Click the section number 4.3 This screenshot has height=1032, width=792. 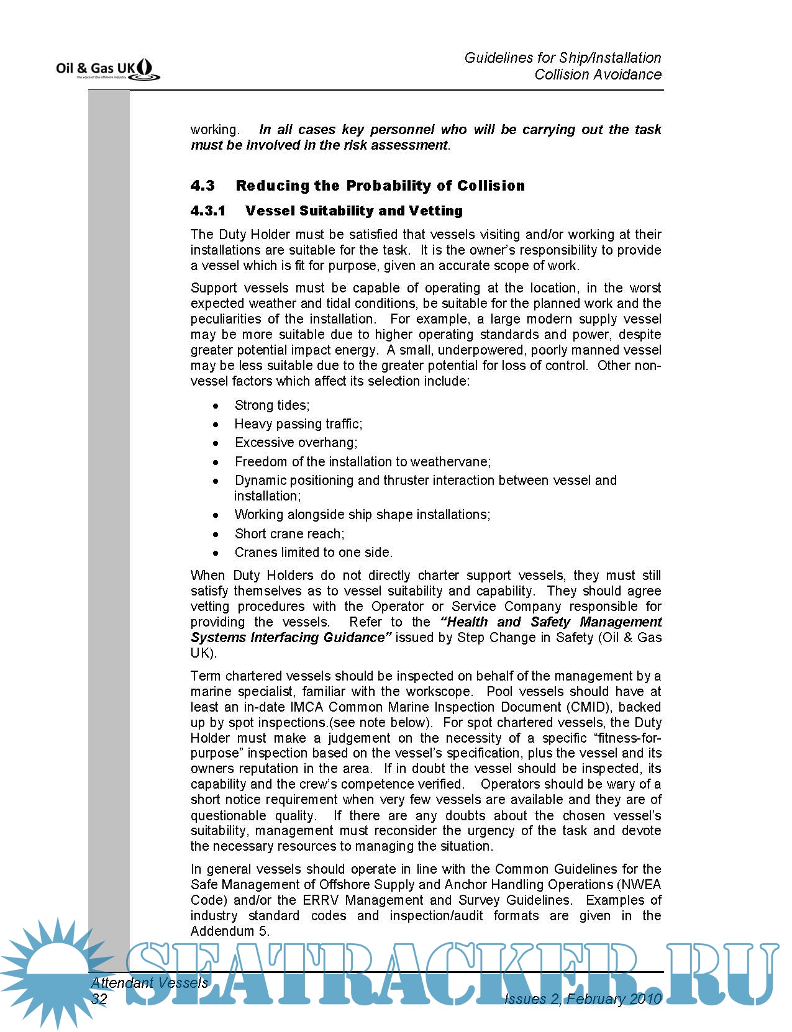[203, 186]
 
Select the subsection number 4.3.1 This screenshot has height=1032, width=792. [207, 211]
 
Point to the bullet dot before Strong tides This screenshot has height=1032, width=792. [216, 407]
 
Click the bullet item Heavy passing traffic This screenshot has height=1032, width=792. [298, 424]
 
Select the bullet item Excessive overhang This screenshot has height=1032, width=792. [296, 443]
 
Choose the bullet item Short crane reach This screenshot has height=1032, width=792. [289, 534]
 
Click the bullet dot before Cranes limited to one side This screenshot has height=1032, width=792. [216, 553]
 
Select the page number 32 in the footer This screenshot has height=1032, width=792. [99, 998]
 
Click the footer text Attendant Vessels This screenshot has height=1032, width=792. [149, 983]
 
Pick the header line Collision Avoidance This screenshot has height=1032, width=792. [598, 75]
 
